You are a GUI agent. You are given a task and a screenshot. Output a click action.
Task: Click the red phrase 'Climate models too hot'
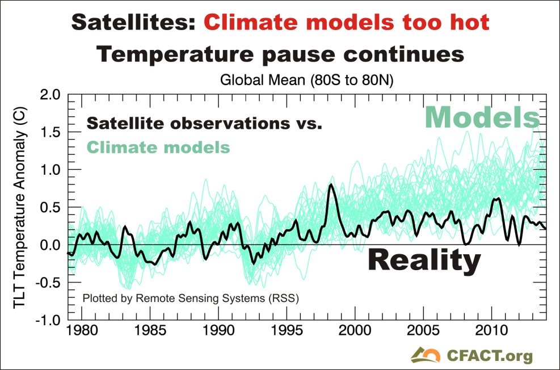[346, 22]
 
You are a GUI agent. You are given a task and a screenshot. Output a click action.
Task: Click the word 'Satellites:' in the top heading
[134, 22]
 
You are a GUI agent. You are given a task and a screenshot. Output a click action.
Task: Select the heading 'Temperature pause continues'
[280, 54]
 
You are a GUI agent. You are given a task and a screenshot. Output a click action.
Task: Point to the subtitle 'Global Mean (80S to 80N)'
[307, 81]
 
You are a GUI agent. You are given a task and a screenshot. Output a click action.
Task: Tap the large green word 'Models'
[482, 117]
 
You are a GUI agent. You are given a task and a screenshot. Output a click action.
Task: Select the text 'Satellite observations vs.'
[204, 124]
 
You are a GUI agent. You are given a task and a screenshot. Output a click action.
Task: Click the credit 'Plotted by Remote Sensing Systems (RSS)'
[191, 297]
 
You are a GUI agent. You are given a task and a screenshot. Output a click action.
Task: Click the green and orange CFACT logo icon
[425, 354]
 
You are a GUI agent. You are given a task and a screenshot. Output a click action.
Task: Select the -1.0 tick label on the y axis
[47, 320]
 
